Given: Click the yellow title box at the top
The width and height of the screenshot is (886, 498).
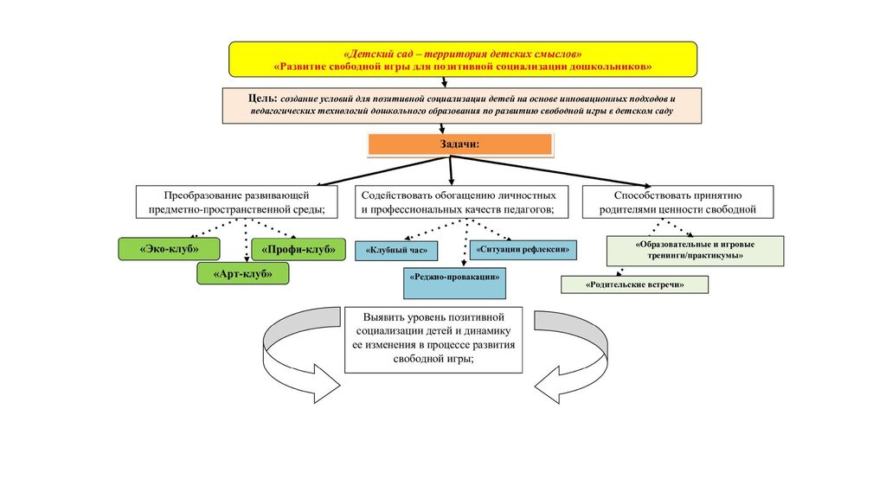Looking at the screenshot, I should click(x=463, y=58).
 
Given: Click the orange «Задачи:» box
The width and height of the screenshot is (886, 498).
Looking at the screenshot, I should click(x=460, y=144).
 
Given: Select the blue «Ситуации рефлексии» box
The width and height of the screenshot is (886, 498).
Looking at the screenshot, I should click(x=524, y=249).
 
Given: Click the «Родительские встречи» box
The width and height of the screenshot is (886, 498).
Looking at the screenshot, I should click(x=634, y=284).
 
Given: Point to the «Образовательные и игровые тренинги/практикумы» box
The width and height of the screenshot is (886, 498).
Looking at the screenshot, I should click(x=695, y=250).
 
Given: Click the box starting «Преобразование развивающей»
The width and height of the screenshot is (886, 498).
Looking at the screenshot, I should click(x=236, y=202).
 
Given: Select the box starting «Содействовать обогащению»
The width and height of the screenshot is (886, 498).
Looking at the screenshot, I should click(x=465, y=202).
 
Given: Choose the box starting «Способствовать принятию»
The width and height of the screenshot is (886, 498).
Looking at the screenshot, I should click(x=678, y=202).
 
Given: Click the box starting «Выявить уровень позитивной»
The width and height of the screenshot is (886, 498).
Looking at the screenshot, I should click(x=433, y=339).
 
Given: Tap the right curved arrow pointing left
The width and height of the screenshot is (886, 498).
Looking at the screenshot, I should click(x=573, y=357).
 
